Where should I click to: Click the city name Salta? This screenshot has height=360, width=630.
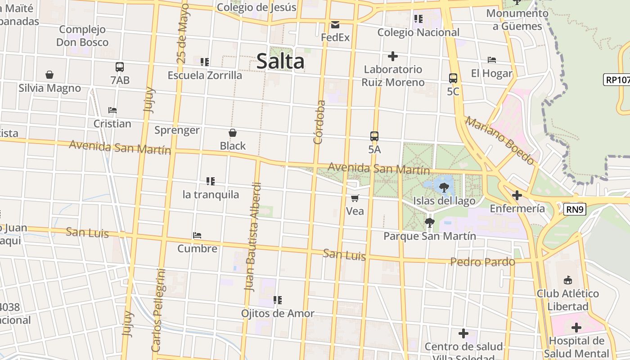click(280, 61)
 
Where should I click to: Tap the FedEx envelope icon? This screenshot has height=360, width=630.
click(335, 24)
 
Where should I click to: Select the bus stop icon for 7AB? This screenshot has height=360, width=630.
click(120, 67)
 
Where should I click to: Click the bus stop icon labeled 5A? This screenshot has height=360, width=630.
click(374, 136)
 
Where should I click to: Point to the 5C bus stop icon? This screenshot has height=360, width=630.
click(453, 78)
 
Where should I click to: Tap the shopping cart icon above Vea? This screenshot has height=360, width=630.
click(355, 198)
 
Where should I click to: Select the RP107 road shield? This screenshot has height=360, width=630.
click(616, 80)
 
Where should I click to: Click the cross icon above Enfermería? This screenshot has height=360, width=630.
click(517, 195)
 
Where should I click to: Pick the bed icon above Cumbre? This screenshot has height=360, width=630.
click(197, 235)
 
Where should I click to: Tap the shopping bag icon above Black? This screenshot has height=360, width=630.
click(233, 133)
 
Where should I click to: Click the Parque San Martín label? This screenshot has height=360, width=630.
click(429, 236)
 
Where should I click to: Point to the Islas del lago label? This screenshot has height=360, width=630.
click(444, 201)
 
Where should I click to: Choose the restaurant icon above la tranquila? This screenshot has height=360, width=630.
click(210, 181)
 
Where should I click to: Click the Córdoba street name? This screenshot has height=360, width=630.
click(319, 122)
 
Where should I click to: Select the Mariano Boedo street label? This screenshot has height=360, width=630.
click(500, 140)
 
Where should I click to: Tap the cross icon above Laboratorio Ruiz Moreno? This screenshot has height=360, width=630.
click(393, 56)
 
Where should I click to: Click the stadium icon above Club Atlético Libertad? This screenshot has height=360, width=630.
click(567, 280)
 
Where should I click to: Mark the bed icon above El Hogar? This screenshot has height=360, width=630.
click(492, 60)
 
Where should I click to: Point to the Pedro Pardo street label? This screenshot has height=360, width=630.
click(482, 262)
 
